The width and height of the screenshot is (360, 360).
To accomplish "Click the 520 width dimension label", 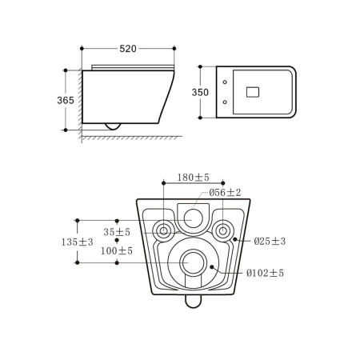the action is coord(128,49).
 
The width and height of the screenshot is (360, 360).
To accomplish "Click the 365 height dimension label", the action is coord(66,100).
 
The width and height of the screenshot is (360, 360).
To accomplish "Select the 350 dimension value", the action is coord(200,92).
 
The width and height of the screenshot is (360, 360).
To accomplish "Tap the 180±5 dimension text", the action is coord(194,177).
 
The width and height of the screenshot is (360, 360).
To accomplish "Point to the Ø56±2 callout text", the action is coord(225,192).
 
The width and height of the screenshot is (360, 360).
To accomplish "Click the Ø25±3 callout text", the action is coord(270,241).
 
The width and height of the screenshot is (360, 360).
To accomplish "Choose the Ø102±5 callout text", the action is coord(265,273).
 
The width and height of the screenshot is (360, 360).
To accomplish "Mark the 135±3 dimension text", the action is coord(78,242).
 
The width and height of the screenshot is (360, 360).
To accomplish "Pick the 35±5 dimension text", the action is coord(117,232).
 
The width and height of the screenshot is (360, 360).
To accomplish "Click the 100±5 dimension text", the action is coord(117,250).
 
